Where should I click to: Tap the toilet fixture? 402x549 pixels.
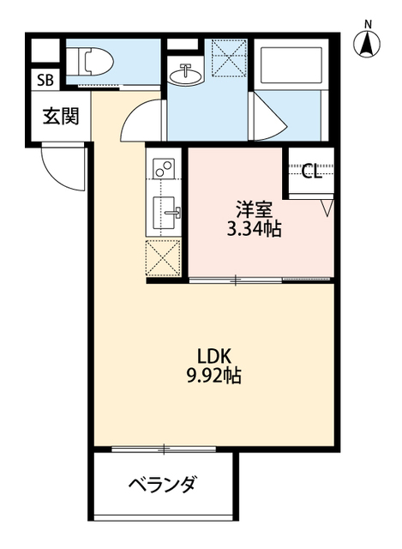tap(92, 61)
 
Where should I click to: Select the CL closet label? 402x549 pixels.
tap(311, 171)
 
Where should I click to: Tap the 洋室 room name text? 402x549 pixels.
tap(255, 208)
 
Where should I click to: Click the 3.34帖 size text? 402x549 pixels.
tap(255, 229)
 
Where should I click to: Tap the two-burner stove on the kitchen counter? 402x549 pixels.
tap(163, 168)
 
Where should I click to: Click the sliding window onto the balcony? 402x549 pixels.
tap(163, 449)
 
